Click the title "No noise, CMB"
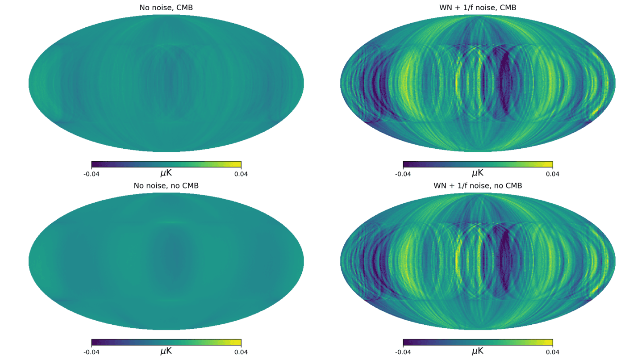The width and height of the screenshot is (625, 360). [x=166, y=8]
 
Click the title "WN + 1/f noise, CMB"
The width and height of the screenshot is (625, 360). [x=478, y=8]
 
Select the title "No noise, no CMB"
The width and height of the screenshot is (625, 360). [x=166, y=185]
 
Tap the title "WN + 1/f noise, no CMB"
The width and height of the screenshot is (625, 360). [x=478, y=185]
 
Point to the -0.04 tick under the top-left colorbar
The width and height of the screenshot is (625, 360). [x=92, y=174]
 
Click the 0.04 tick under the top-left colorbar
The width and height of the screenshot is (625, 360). [x=241, y=174]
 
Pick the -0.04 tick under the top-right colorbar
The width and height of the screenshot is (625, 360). [x=403, y=174]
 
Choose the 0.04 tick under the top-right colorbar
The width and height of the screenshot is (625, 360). [x=553, y=174]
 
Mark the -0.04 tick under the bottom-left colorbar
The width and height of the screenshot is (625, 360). [x=92, y=352]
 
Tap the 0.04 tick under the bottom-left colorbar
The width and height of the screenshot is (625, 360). [x=241, y=352]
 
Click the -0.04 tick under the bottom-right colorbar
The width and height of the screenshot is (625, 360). [x=403, y=352]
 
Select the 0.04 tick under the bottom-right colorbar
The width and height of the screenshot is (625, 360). [x=553, y=352]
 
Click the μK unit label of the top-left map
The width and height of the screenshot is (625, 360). [x=166, y=173]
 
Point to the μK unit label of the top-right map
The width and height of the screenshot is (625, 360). [x=478, y=173]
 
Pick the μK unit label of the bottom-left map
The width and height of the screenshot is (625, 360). [x=166, y=351]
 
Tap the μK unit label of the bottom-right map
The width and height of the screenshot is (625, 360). [x=478, y=351]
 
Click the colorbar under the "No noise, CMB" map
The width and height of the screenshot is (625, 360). [x=166, y=164]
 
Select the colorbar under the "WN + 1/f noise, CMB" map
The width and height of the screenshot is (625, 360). [x=478, y=164]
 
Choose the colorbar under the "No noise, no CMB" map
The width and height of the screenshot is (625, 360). [x=166, y=342]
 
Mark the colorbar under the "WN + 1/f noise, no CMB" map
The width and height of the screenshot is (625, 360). [x=478, y=342]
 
